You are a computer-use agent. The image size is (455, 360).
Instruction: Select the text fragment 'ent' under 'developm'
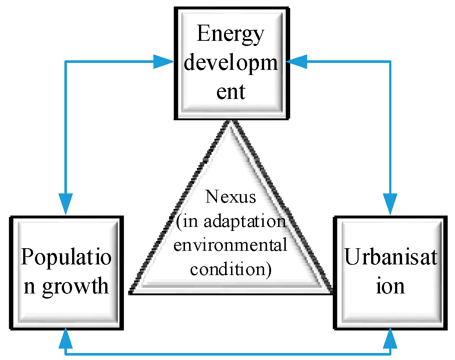(231, 92)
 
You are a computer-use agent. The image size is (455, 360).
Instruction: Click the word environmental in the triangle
(230, 245)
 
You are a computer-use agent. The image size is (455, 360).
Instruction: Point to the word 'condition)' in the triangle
(231, 269)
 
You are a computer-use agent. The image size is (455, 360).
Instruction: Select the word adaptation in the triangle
(245, 221)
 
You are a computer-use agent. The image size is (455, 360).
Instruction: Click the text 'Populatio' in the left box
(66, 257)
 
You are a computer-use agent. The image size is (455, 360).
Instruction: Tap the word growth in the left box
(75, 286)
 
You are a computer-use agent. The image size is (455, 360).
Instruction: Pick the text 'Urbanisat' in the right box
(390, 257)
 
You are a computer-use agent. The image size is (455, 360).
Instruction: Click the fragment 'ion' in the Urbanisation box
(390, 286)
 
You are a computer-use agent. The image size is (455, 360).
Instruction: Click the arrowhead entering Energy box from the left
(164, 61)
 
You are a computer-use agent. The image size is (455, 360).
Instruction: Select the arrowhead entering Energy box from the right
(296, 61)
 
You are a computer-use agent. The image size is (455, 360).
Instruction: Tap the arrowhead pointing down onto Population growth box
(66, 204)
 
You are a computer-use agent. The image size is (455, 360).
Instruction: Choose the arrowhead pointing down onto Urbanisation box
(390, 204)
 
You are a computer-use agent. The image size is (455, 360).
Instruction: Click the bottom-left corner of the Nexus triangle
(131, 293)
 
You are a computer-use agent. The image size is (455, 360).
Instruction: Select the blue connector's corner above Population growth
(66, 61)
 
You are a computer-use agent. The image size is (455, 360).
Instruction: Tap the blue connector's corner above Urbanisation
(390, 61)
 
